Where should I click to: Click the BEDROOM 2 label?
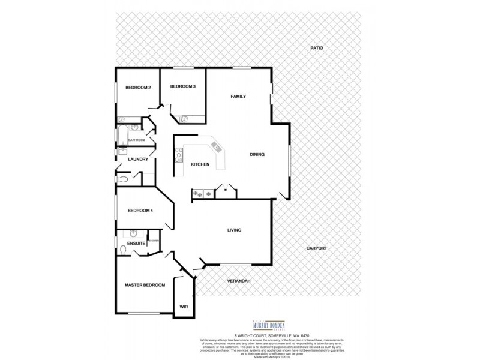pyautogui.click(x=137, y=88)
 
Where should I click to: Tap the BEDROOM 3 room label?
pyautogui.click(x=182, y=86)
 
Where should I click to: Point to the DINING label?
pyautogui.click(x=257, y=154)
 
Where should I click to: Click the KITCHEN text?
pyautogui.click(x=200, y=164)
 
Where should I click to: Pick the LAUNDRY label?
pyautogui.click(x=138, y=159)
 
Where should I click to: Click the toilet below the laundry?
pyautogui.click(x=124, y=178)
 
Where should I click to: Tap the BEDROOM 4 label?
pyautogui.click(x=140, y=211)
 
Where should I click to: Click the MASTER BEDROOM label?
pyautogui.click(x=145, y=285)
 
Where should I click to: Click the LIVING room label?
pyautogui.click(x=234, y=230)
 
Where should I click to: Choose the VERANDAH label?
pyautogui.click(x=238, y=281)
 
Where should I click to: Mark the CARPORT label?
pyautogui.click(x=316, y=247)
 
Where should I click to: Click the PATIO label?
pyautogui.click(x=316, y=47)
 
